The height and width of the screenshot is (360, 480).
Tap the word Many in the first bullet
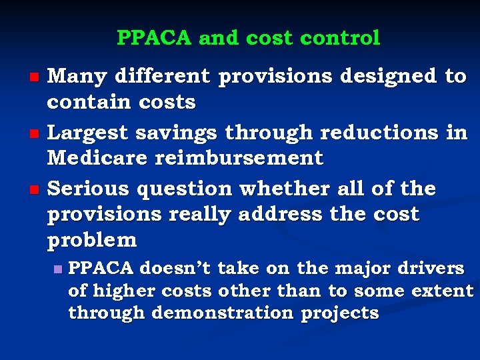point(78,77)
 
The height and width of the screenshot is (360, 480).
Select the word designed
point(388,77)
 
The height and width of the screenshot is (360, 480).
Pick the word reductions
point(379,133)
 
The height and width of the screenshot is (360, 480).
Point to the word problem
point(91,240)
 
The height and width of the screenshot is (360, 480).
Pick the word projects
point(340,313)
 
